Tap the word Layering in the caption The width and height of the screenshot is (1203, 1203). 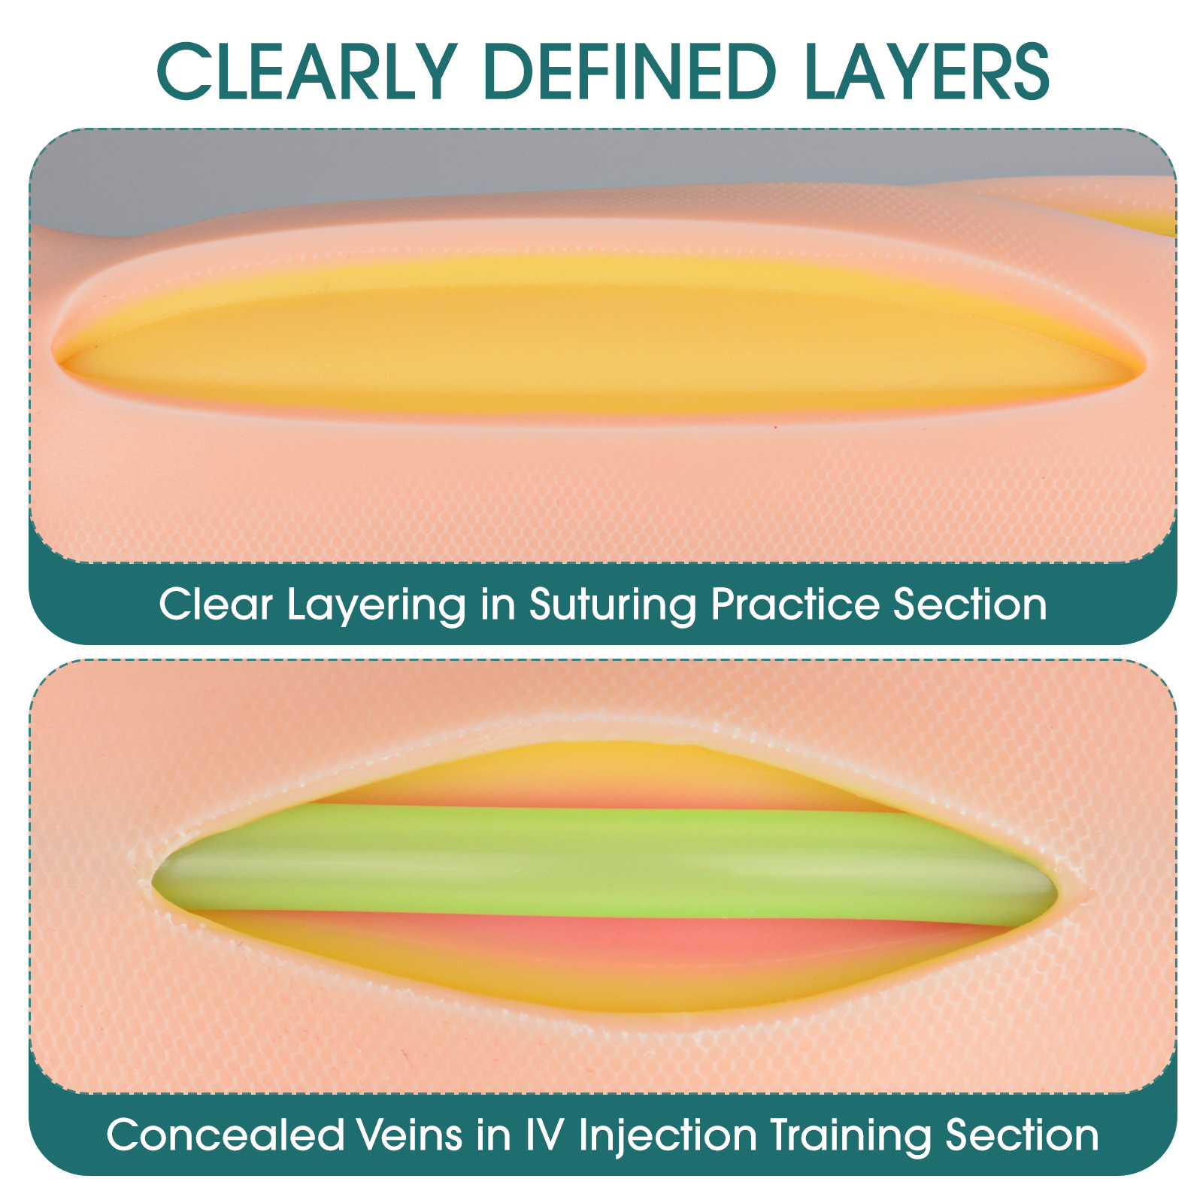pos(377,606)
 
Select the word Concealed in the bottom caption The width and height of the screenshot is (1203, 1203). pos(225,1135)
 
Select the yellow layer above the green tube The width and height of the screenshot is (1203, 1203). pos(601,774)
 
